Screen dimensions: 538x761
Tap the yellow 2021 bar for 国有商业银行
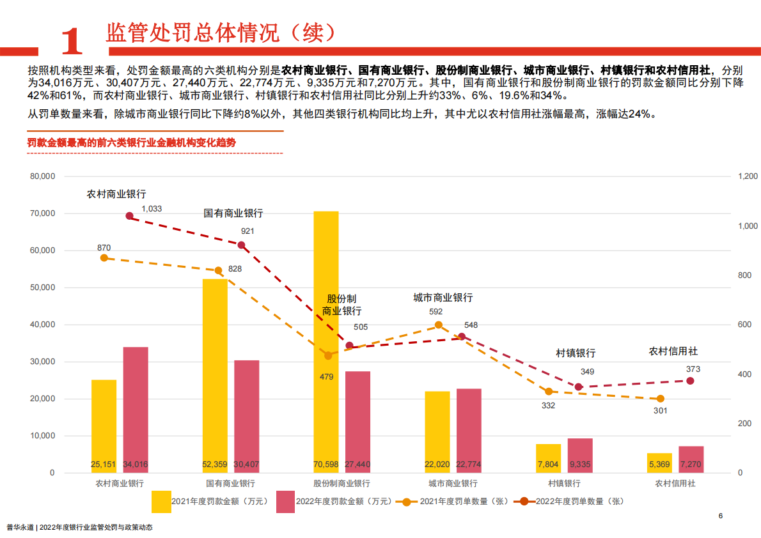[x=215, y=371]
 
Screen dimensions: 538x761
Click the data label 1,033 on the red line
[x=152, y=209]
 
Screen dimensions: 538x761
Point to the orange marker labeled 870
[x=104, y=257]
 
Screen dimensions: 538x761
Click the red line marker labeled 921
[x=241, y=245]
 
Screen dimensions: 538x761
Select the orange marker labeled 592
[x=439, y=325]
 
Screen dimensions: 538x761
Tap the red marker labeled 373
[x=690, y=381]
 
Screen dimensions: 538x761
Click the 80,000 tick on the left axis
[x=43, y=176]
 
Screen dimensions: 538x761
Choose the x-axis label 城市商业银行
[x=453, y=484]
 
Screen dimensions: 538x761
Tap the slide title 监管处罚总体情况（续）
[x=220, y=33]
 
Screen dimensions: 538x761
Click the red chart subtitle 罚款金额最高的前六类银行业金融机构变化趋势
[x=132, y=142]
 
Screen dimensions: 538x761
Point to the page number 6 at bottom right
[x=720, y=516]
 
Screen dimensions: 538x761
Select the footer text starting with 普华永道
[x=80, y=528]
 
